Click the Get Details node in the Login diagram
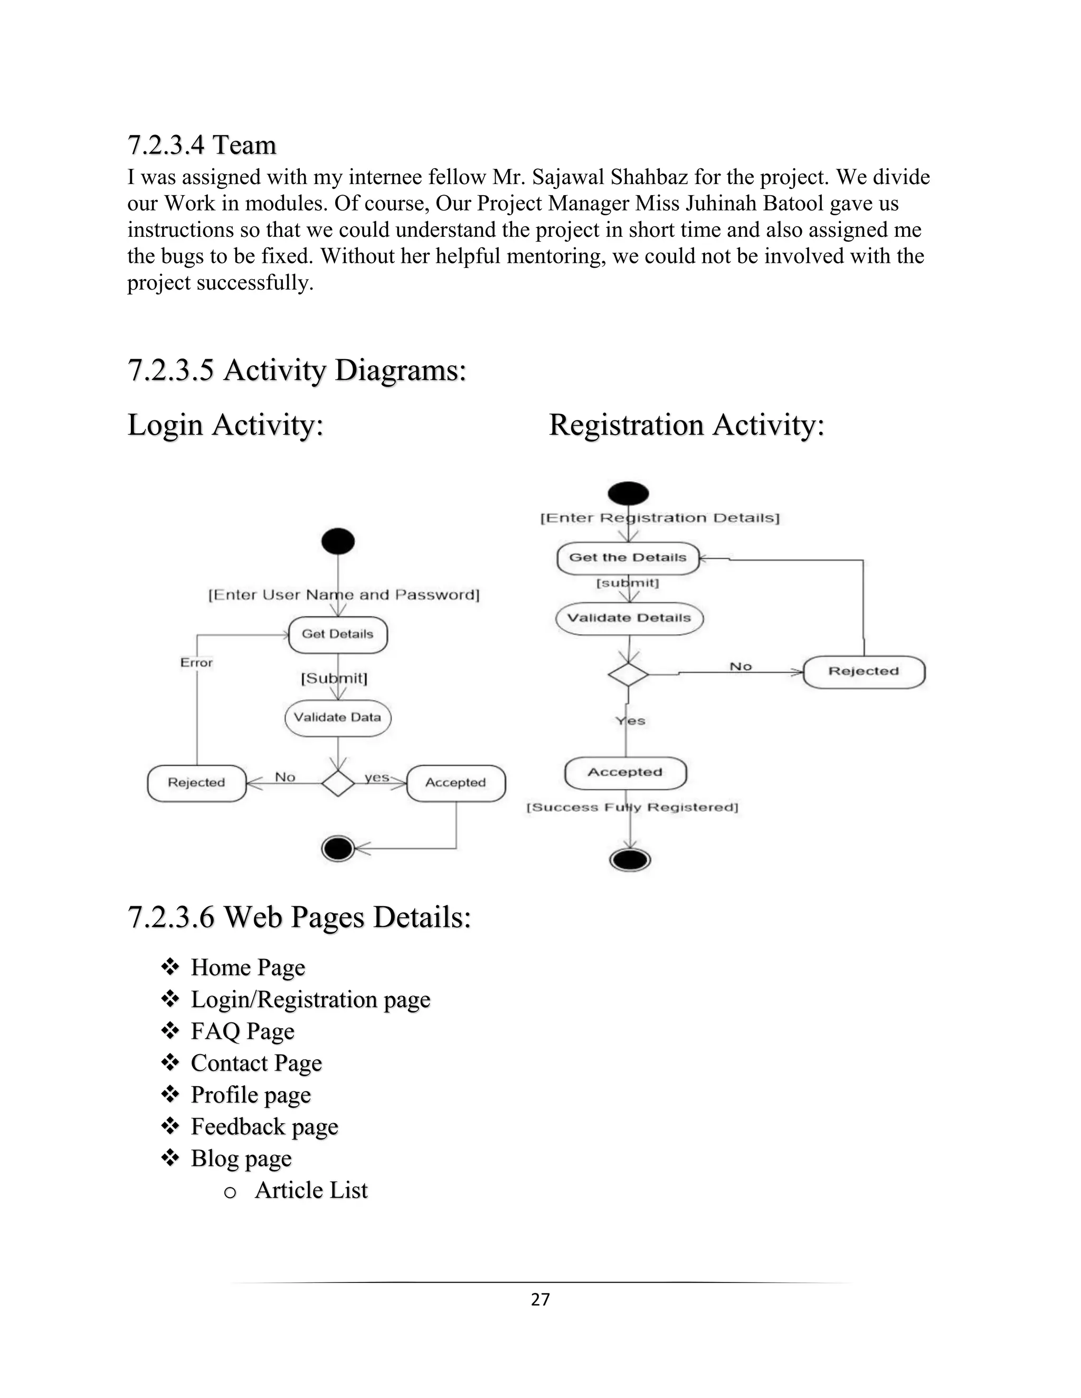click(337, 634)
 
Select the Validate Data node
click(337, 717)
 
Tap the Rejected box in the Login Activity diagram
click(196, 783)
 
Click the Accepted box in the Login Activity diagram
click(456, 783)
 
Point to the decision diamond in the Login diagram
click(337, 782)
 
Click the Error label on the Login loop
click(196, 663)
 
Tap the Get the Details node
click(628, 558)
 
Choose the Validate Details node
click(629, 618)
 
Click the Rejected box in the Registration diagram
click(863, 672)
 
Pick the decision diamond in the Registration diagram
click(628, 675)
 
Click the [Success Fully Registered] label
click(632, 808)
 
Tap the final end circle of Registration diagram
click(630, 860)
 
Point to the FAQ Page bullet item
click(242, 1032)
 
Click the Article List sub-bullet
click(311, 1191)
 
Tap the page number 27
click(540, 1299)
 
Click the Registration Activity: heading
click(687, 425)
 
